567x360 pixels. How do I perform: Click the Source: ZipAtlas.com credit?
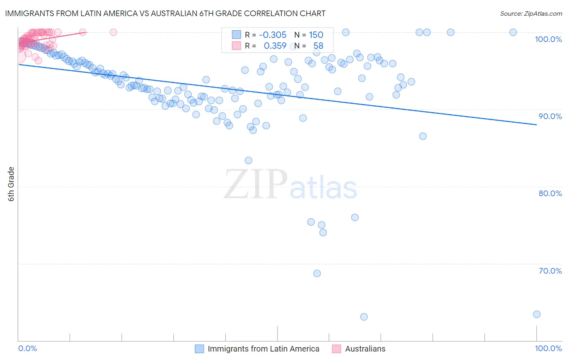[x=531, y=14]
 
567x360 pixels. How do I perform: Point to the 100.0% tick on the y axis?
[x=548, y=39]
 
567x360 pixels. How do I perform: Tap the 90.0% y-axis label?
[x=550, y=116]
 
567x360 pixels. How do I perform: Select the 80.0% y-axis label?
[x=550, y=193]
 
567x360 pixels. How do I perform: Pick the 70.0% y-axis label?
[x=550, y=271]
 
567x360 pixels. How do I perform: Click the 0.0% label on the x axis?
[x=27, y=348]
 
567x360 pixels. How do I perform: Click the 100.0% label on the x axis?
[x=548, y=348]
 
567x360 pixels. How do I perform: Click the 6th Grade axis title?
[x=11, y=184]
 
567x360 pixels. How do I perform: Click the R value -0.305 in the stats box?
[x=273, y=35]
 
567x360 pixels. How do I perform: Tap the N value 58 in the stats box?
[x=318, y=46]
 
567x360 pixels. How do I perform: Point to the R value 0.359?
[x=275, y=46]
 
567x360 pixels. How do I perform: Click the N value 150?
[x=316, y=35]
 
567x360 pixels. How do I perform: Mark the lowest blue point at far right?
[x=536, y=314]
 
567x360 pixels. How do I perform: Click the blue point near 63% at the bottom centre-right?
[x=364, y=317]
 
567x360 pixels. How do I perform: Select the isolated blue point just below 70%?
[x=317, y=274]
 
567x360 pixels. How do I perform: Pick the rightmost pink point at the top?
[x=113, y=32]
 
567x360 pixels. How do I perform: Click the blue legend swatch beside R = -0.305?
[x=236, y=35]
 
